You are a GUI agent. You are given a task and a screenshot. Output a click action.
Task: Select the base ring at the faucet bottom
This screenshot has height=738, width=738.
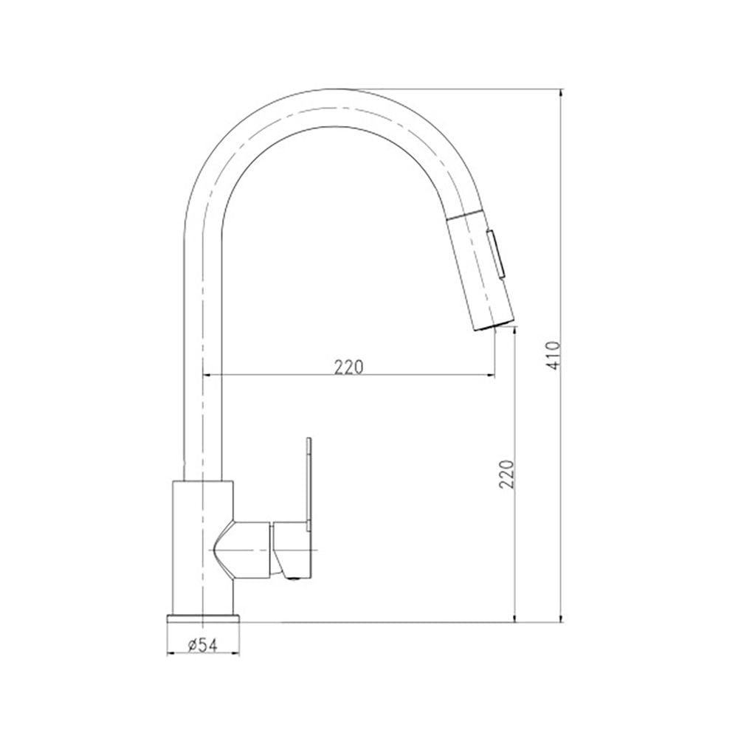pyautogui.click(x=203, y=618)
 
